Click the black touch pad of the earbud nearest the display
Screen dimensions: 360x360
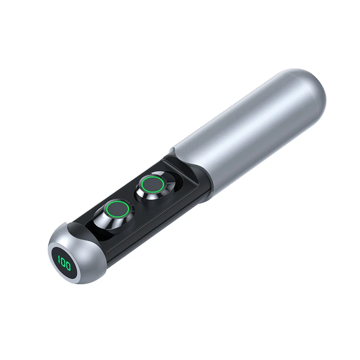[x=118, y=209]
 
